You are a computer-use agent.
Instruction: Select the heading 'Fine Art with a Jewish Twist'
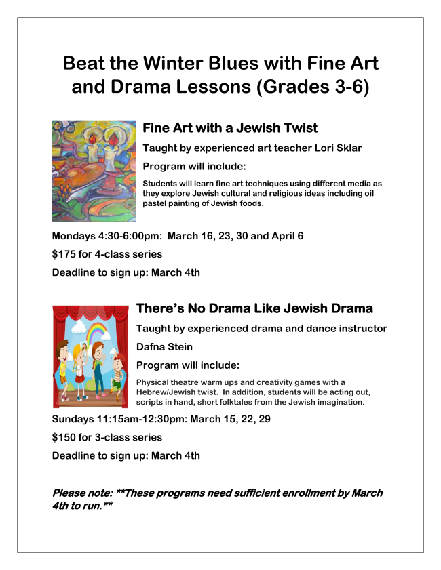(x=230, y=128)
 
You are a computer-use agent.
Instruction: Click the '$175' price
(x=64, y=255)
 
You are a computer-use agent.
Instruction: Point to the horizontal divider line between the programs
(x=220, y=293)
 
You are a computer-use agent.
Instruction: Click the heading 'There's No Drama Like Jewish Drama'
(x=254, y=309)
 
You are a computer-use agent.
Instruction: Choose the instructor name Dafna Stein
(x=165, y=348)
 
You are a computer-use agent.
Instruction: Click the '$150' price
(x=64, y=437)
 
